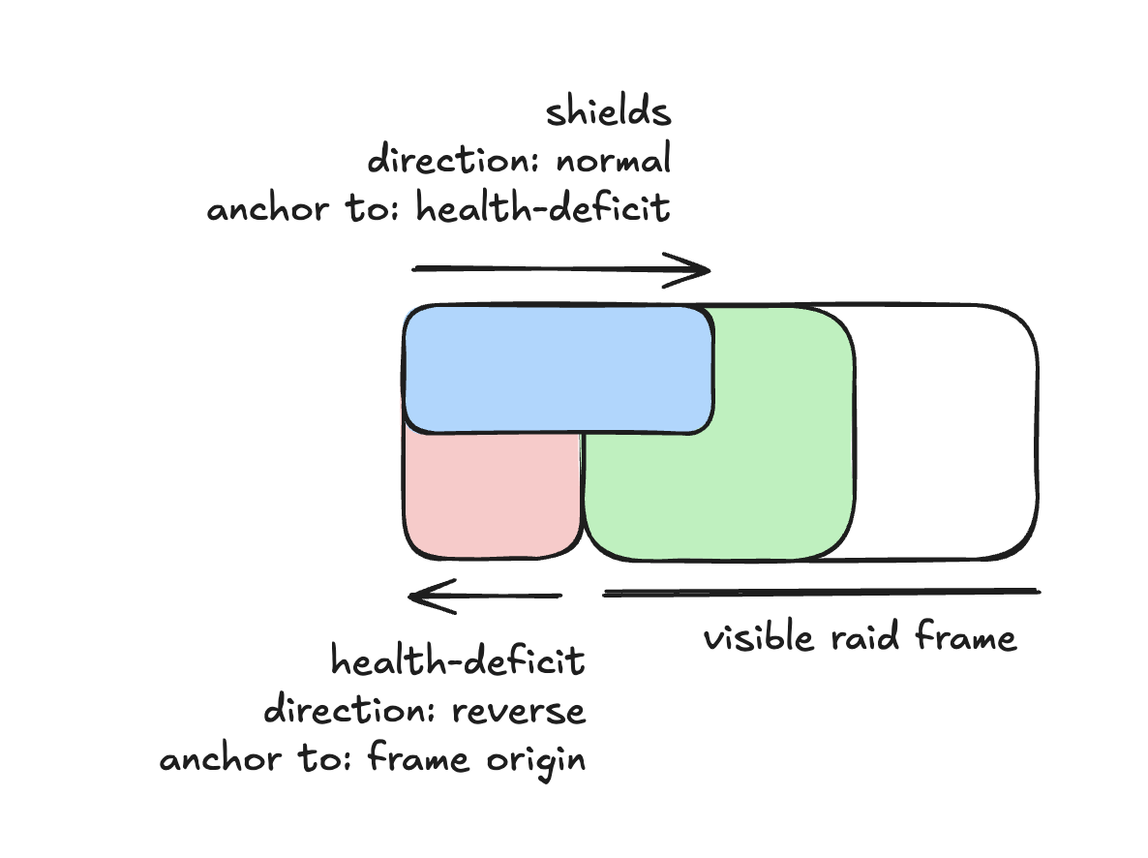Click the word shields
608,113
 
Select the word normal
613,160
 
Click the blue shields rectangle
559,368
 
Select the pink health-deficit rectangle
492,494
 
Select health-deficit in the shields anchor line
543,208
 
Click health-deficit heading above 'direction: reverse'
458,663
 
